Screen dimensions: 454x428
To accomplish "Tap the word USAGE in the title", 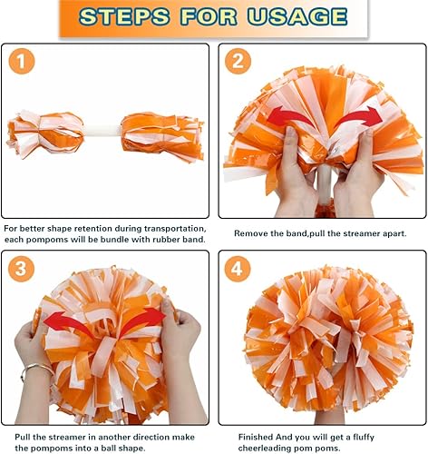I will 301,16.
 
